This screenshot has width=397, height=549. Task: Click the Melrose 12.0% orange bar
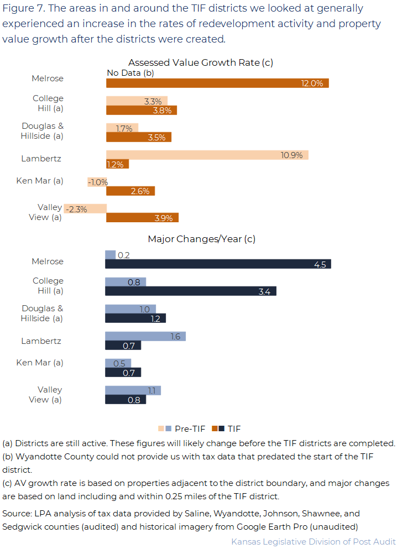point(217,83)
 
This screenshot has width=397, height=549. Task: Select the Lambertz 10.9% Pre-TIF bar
point(207,155)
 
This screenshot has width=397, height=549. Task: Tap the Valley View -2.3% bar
point(85,208)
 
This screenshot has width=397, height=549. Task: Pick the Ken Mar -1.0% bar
point(97,182)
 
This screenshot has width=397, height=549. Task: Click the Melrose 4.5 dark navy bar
point(218,264)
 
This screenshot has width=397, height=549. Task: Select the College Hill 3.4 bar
point(190,291)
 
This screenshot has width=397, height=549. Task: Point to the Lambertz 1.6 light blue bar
point(145,336)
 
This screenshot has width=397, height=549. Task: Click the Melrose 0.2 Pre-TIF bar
point(111,255)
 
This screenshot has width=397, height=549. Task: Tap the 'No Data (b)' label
point(130,73)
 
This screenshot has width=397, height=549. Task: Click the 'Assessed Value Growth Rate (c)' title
point(201,62)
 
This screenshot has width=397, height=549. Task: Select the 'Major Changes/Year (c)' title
point(201,239)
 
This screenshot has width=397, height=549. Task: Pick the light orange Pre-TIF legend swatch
point(161,428)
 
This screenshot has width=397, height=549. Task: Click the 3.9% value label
point(164,218)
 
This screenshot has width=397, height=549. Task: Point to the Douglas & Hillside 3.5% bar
point(138,137)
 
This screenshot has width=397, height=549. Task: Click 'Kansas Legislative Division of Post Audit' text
point(313,541)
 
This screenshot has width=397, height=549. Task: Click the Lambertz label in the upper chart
point(41,159)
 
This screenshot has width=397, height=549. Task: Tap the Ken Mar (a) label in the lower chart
point(40,363)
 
